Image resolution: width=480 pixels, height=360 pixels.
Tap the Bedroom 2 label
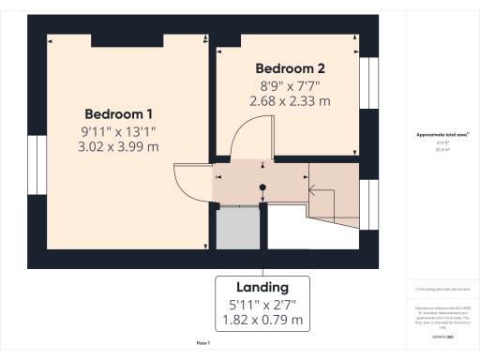(x=290, y=69)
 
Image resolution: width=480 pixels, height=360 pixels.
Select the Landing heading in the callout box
(x=262, y=287)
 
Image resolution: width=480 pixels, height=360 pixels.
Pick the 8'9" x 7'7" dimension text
(x=290, y=85)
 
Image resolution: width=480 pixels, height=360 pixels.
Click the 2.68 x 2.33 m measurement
(x=290, y=101)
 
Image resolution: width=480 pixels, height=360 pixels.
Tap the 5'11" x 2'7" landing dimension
(x=262, y=304)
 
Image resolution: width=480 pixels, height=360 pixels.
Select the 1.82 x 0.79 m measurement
(x=262, y=320)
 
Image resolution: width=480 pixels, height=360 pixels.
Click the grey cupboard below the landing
(x=237, y=228)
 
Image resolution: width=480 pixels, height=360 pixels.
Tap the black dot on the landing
(x=262, y=187)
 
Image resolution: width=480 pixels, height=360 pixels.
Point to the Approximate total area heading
(x=442, y=134)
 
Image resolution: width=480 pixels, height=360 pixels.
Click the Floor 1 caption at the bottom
(x=202, y=344)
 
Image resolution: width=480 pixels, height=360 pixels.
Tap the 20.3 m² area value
(x=442, y=147)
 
